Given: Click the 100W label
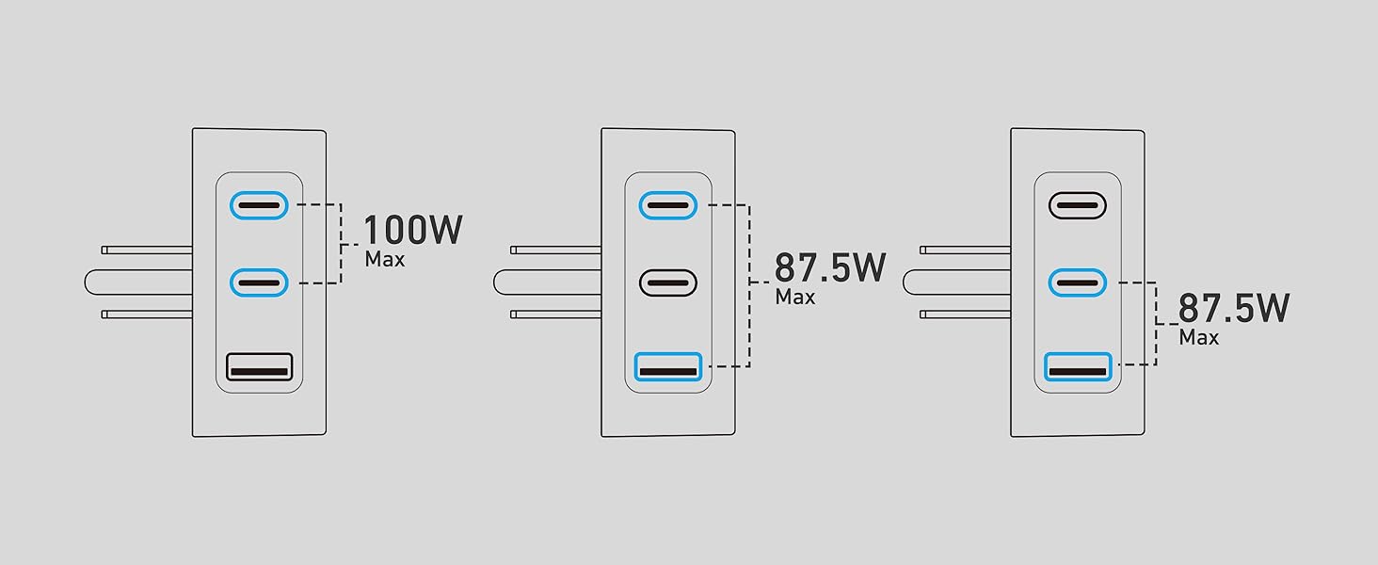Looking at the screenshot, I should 412,231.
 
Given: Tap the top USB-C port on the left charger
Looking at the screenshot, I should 259,204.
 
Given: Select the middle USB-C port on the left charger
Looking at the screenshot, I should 259,282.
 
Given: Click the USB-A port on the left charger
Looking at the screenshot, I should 259,366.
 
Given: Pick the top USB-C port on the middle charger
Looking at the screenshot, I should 667,204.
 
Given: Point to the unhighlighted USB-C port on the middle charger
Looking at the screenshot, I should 667,282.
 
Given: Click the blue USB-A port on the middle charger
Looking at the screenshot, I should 668,366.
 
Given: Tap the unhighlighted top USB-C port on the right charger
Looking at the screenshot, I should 1077,204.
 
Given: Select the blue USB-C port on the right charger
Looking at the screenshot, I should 1077,282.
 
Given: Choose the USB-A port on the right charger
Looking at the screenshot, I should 1078,366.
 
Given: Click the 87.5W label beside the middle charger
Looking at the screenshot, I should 830,268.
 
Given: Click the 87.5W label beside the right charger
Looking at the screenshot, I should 1234,309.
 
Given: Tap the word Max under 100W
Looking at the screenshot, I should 385,259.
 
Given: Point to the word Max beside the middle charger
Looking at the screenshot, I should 794,297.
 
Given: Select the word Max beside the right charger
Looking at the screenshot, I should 1198,337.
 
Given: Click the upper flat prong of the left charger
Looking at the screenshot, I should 147,250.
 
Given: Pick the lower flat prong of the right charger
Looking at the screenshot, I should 965,314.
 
